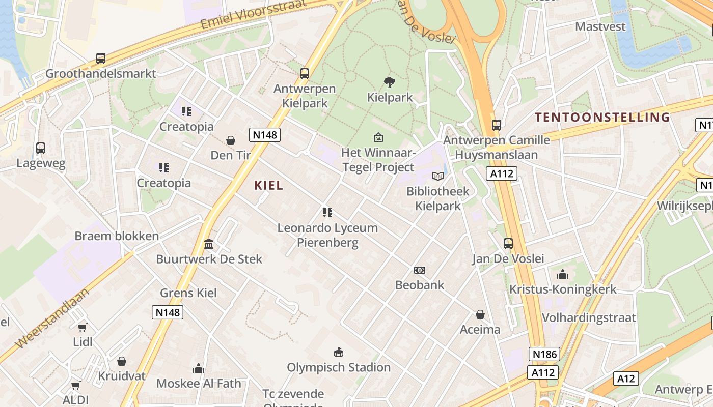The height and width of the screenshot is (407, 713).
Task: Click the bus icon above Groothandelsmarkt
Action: click(x=101, y=59)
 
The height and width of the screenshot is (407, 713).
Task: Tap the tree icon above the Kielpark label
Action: click(x=390, y=82)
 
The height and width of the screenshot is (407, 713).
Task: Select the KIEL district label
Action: click(x=268, y=186)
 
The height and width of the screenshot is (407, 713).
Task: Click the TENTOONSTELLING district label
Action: click(x=602, y=118)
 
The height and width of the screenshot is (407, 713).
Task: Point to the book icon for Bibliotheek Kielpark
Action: click(x=438, y=176)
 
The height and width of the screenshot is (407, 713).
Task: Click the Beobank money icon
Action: click(x=420, y=270)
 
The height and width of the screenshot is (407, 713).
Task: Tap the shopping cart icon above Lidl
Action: click(x=83, y=327)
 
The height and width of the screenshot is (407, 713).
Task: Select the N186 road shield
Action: click(x=544, y=354)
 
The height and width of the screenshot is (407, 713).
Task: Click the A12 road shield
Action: click(x=625, y=379)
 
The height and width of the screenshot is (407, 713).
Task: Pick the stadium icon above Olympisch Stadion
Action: click(x=338, y=352)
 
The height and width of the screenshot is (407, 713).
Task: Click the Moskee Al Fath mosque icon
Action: click(x=199, y=368)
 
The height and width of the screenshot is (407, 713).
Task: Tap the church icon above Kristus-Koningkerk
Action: click(x=563, y=274)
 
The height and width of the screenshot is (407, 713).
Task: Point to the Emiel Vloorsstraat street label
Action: click(x=254, y=14)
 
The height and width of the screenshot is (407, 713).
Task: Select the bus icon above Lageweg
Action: click(x=41, y=148)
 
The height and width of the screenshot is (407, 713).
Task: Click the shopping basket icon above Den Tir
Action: click(x=231, y=140)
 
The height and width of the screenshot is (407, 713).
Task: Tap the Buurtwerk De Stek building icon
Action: click(x=209, y=244)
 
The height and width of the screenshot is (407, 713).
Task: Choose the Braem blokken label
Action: click(x=117, y=236)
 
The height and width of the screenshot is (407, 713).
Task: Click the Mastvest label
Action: click(x=600, y=26)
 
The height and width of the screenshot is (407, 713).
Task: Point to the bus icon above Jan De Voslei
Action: click(x=508, y=243)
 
